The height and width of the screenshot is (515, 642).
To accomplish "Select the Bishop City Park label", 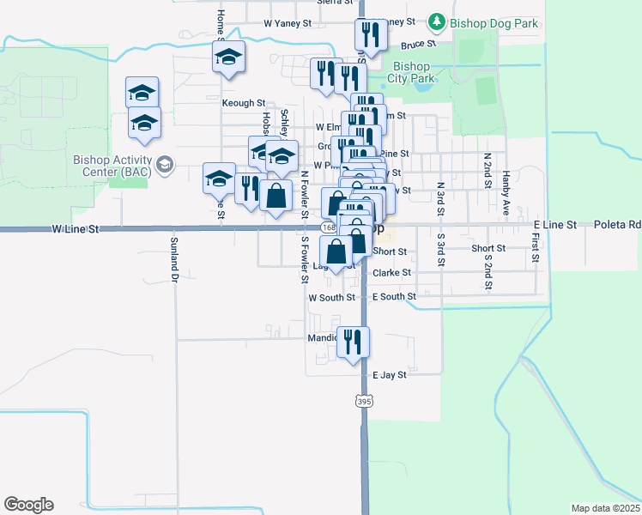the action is (x=410, y=72).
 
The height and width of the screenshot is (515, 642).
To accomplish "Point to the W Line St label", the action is (x=76, y=229).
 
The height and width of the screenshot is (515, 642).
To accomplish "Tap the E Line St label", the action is (x=554, y=225).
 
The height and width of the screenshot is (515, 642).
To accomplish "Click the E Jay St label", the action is (x=390, y=375).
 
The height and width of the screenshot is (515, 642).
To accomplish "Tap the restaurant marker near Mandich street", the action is (x=353, y=342).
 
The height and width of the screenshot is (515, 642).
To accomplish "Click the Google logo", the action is (x=28, y=505).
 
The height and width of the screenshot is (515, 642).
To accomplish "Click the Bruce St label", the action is (x=420, y=43).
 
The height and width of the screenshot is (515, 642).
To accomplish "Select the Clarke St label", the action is (x=392, y=273).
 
